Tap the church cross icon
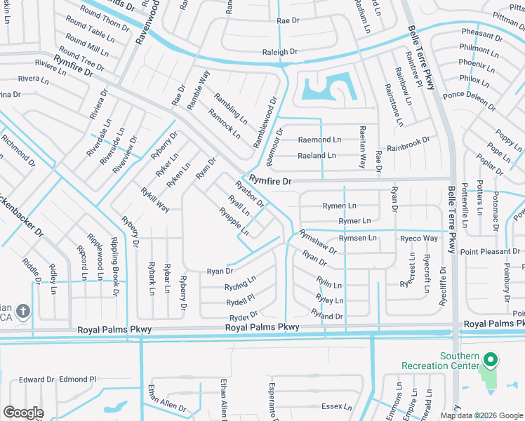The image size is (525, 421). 22,311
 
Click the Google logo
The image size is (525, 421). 23,413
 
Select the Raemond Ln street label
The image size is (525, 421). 319,140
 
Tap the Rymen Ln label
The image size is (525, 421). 339,206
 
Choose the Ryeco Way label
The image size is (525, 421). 418,239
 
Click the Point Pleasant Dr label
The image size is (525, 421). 490,252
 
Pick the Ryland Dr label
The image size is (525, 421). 328,316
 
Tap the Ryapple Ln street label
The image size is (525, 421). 233,221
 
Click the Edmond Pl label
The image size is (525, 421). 77,379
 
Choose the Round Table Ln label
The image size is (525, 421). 90,36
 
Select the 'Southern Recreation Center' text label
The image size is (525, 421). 439,361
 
